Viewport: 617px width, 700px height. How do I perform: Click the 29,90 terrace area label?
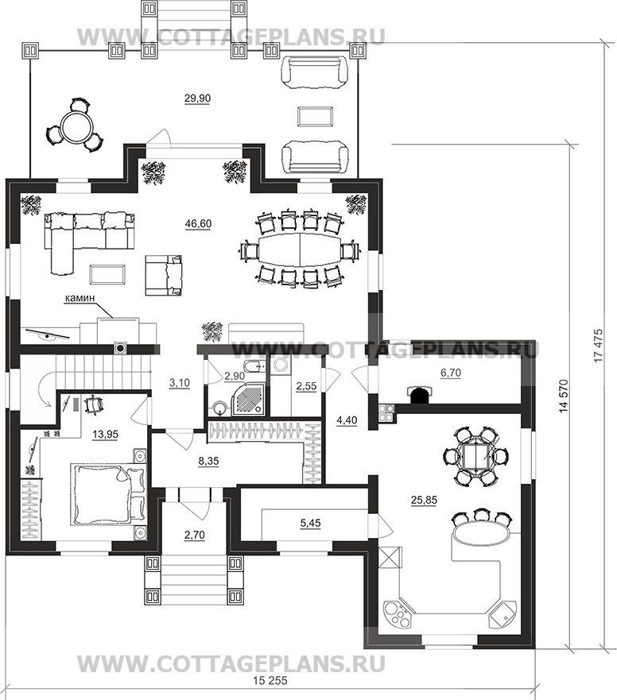[x=197, y=99]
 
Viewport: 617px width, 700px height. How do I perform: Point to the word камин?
[x=80, y=298]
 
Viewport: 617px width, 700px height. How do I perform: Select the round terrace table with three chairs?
[x=75, y=125]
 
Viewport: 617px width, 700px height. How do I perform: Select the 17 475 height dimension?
[x=599, y=346]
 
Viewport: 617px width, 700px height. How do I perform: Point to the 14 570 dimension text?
[x=565, y=395]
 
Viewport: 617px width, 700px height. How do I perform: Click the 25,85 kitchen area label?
[x=424, y=501]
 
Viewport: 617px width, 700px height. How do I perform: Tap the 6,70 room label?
[x=450, y=373]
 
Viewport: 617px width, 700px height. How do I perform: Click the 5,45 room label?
[x=311, y=523]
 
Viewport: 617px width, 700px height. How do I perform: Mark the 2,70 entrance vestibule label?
[x=194, y=535]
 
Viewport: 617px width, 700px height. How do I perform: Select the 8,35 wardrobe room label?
[x=208, y=461]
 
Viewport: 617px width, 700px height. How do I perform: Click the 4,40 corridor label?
[x=347, y=420]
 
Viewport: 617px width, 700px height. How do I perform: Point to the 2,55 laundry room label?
[x=306, y=386]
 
